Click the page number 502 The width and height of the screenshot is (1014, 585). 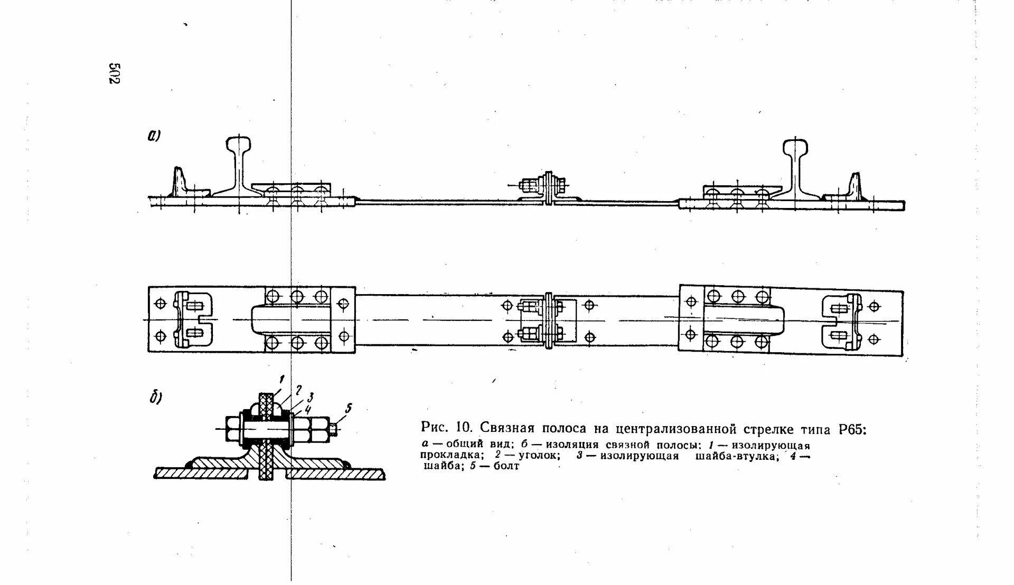point(114,73)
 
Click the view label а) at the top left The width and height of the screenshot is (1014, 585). point(154,136)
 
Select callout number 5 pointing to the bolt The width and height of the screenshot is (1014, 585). point(348,408)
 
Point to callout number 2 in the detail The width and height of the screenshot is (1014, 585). point(298,390)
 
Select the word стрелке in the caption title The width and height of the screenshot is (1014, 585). point(774,429)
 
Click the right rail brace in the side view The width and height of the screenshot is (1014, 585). point(855,185)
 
